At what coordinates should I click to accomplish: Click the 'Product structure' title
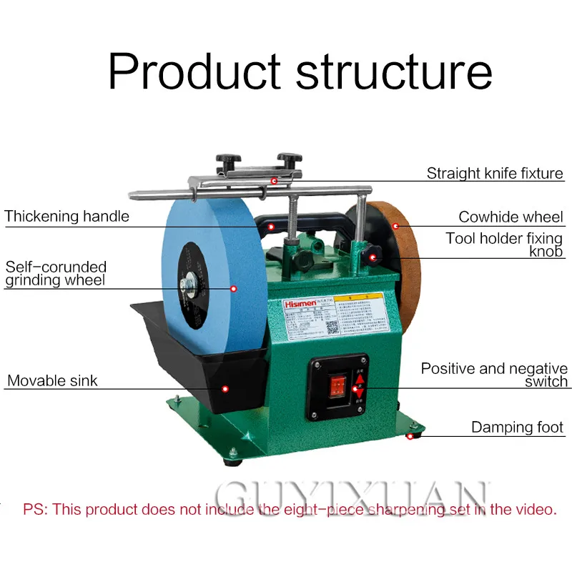[300, 71]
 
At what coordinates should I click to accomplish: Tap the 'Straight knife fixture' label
[495, 173]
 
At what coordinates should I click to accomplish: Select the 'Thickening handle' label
[66, 216]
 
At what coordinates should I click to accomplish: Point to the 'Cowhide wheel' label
[511, 217]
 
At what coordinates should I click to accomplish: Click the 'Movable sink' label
[52, 380]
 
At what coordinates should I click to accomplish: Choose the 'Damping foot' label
[517, 428]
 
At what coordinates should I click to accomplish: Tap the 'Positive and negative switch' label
[494, 375]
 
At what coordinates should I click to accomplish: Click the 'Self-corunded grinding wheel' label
[56, 273]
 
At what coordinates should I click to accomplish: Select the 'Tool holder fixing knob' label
[504, 245]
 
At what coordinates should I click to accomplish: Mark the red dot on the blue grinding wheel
[234, 288]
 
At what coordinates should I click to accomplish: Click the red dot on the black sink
[225, 388]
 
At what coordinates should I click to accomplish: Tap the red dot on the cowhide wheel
[395, 225]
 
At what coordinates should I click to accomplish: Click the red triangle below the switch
[357, 391]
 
